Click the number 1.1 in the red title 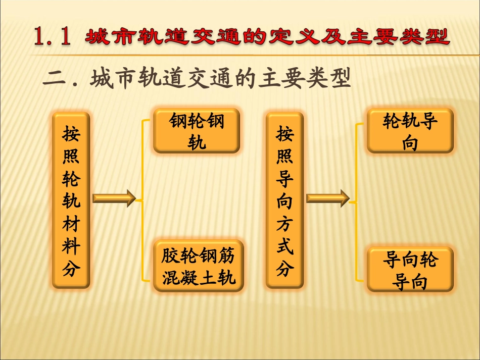coord(51,37)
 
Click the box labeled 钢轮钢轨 coord(197,131)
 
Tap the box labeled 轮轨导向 coord(410,131)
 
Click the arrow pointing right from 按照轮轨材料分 coord(114,198)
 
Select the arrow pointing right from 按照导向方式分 coord(327,198)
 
